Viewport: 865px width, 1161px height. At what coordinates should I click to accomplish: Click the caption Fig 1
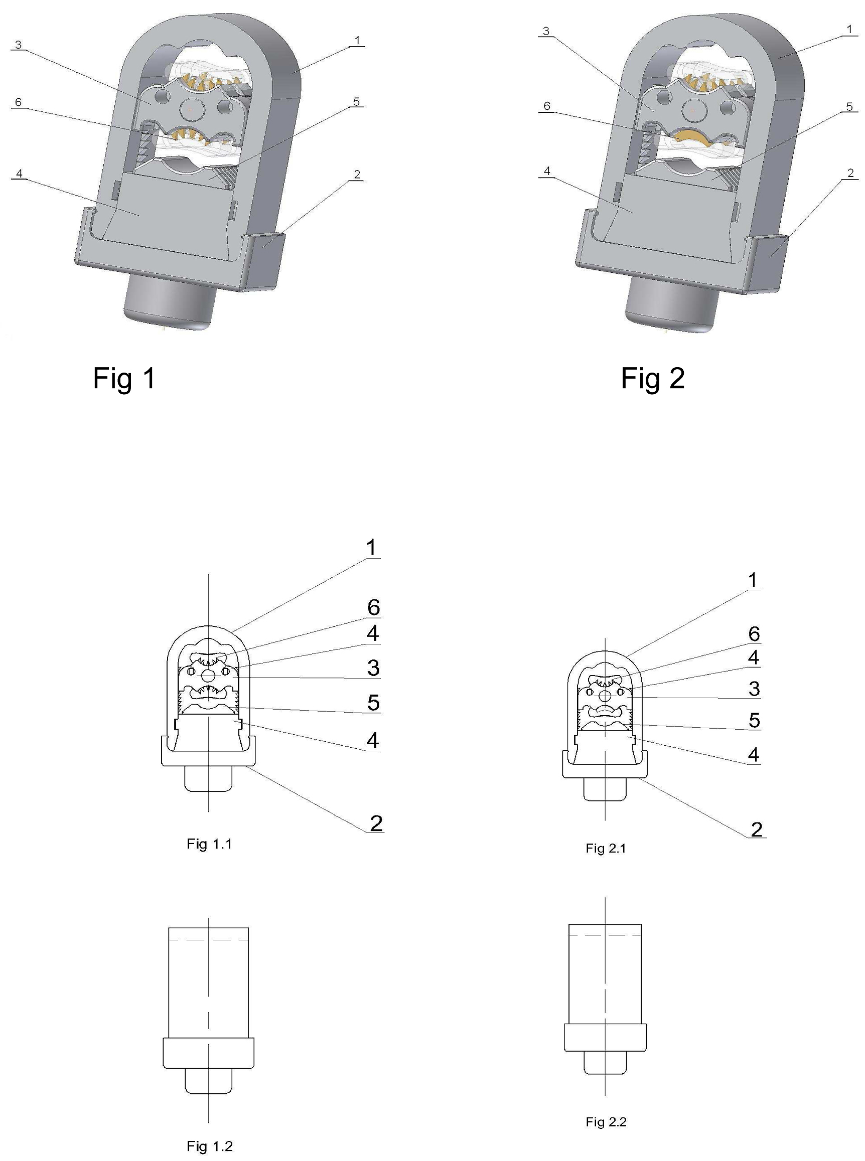tap(124, 378)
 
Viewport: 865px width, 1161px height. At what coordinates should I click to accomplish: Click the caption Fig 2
tap(653, 378)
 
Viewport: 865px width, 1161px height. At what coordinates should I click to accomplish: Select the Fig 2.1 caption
tap(606, 849)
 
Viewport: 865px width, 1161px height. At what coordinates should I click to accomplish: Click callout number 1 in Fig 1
tap(357, 40)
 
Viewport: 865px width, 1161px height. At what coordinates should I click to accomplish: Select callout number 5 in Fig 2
tap(849, 107)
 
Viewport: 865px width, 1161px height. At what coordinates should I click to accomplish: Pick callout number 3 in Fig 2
tap(546, 31)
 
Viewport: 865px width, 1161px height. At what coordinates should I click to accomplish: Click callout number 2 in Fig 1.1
tap(376, 823)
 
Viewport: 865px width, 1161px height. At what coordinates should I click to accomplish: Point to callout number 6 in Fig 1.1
tap(373, 607)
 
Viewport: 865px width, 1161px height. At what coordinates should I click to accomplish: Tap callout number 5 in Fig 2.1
tap(754, 720)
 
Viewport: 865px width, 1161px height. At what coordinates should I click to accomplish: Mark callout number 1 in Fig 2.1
tap(753, 580)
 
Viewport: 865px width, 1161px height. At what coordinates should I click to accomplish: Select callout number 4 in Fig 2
tap(547, 171)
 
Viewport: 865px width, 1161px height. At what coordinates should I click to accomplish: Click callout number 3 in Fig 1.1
tap(373, 668)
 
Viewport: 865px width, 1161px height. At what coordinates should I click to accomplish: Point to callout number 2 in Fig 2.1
tap(756, 829)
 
